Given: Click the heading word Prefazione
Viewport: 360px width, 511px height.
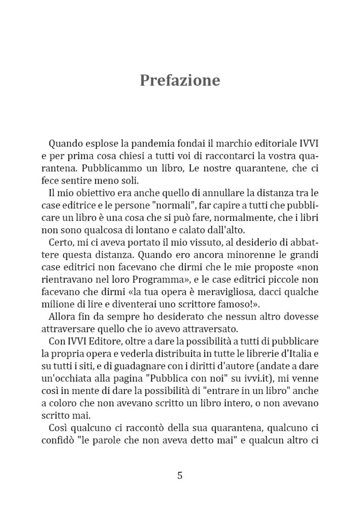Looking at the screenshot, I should tap(180, 80).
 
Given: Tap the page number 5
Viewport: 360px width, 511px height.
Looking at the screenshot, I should tap(180, 475).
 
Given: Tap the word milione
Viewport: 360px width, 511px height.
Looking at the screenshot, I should tap(58, 304).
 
